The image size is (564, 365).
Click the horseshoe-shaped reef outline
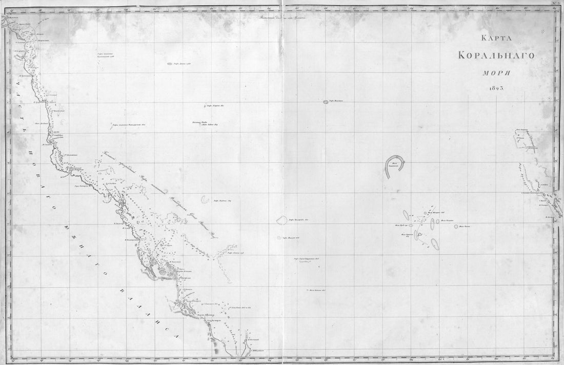coord(395,167)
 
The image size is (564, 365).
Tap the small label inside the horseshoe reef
coord(394,165)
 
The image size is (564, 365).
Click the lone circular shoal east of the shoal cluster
coord(455,226)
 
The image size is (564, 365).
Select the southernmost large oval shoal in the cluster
coord(435,244)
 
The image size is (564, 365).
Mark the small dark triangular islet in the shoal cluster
coord(416,234)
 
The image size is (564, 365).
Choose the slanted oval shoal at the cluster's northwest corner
coord(406,214)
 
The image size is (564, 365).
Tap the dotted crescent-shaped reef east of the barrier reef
coord(206,198)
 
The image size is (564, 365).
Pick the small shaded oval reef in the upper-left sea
coord(170,65)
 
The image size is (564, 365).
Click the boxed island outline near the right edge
coord(523,139)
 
